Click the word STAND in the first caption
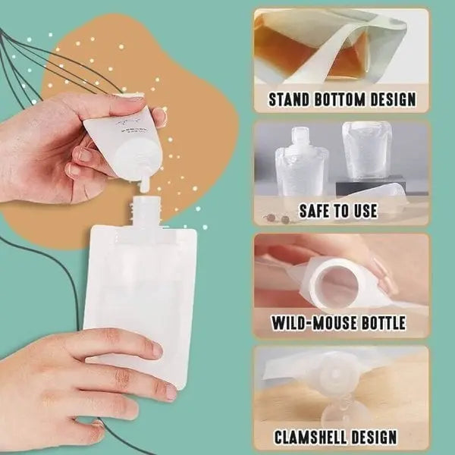point(292,99)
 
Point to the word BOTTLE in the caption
point(378,324)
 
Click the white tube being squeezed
point(125,136)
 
